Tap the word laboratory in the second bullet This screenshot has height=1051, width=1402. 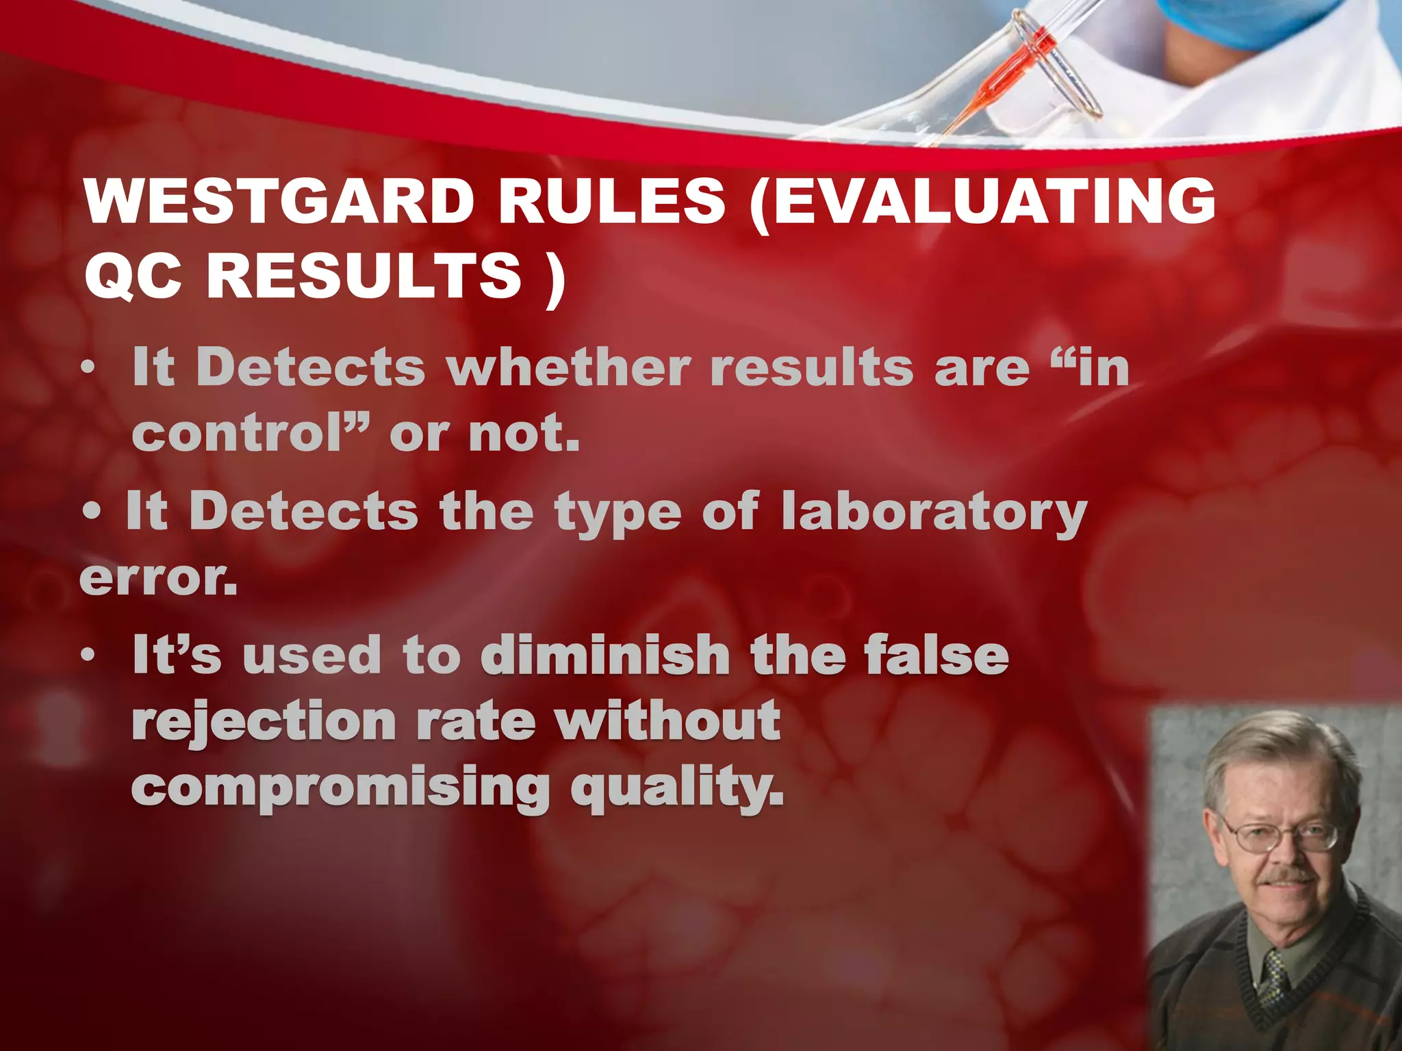(934, 513)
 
